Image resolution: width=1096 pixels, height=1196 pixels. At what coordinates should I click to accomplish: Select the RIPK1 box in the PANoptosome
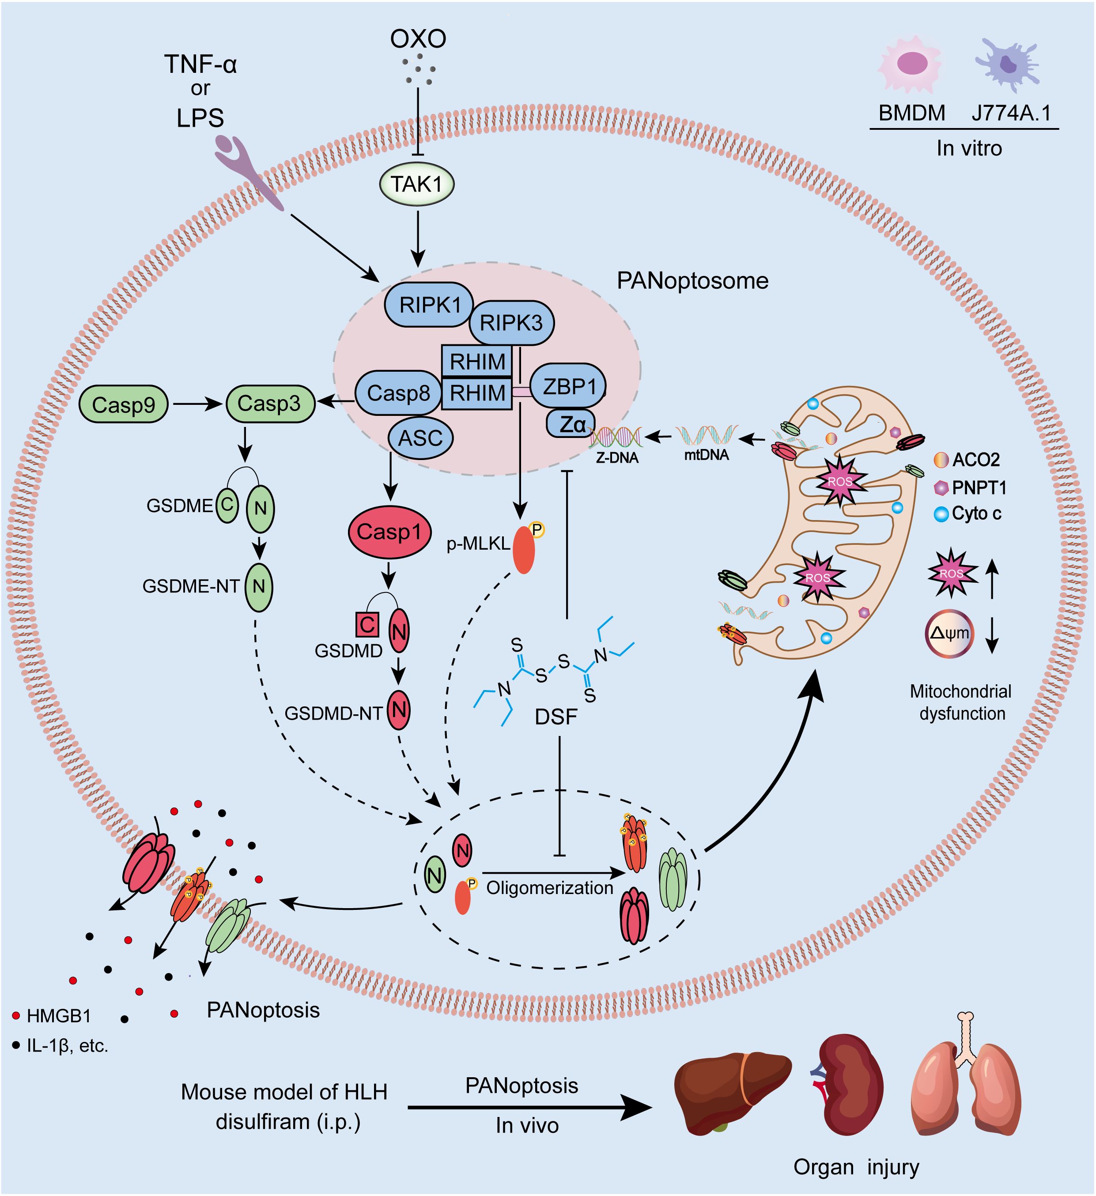point(429,304)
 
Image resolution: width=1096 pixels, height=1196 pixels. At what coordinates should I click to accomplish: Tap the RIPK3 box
point(511,323)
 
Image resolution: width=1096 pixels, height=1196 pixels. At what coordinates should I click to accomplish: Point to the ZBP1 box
point(568,386)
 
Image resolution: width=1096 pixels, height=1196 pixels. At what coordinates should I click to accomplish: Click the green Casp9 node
point(124,404)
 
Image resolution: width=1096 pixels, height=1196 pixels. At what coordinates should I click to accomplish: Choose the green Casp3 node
point(269,404)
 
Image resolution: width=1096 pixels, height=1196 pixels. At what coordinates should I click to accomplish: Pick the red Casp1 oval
point(389,532)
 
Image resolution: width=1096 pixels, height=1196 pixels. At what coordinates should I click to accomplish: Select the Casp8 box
point(398,393)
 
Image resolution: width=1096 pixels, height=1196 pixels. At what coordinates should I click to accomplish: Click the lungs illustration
point(966,1086)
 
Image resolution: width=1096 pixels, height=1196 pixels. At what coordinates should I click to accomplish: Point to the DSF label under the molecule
point(556,717)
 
